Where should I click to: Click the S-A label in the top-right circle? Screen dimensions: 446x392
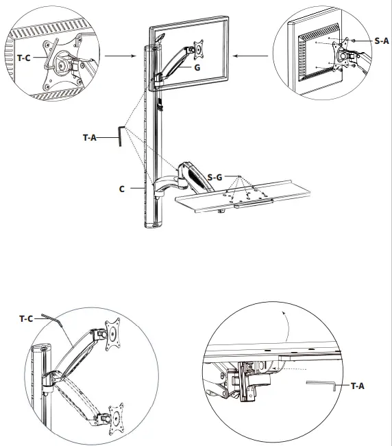[381, 41]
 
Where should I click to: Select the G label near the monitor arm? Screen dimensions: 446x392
[197, 68]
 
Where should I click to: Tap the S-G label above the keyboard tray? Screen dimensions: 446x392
[215, 177]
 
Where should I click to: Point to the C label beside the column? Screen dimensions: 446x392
[121, 188]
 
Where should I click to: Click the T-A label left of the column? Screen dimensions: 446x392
[90, 137]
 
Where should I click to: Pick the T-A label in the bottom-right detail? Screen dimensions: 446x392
[357, 386]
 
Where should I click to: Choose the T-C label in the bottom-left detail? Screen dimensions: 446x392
[26, 318]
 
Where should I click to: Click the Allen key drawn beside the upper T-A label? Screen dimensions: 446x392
[121, 135]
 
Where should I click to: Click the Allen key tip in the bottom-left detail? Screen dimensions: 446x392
[43, 316]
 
